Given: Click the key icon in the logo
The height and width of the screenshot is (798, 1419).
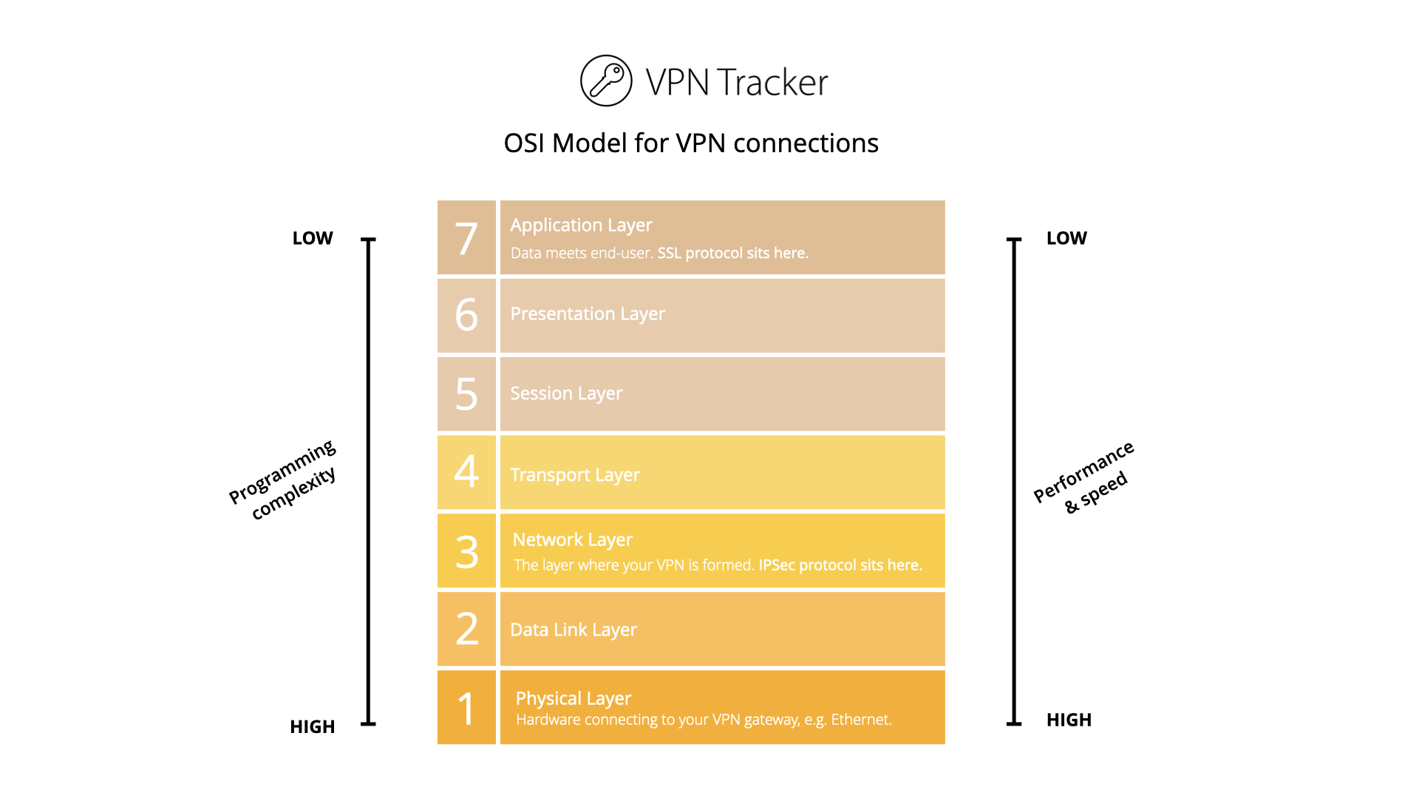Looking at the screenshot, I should tap(606, 81).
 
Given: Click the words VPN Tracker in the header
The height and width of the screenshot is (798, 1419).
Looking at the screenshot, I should tap(736, 82).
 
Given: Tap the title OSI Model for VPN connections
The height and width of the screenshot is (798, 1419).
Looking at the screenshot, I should tap(690, 143).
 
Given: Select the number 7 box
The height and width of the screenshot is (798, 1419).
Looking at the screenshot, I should tap(466, 238).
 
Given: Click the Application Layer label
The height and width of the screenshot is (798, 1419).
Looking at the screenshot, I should tap(581, 225).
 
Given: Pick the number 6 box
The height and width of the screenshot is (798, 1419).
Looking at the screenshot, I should tap(466, 316).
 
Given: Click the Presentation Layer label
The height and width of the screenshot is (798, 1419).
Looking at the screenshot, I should tap(588, 314).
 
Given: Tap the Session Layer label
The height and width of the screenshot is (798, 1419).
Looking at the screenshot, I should tap(566, 393).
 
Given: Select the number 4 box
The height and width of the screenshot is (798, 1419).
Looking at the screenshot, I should tap(466, 472).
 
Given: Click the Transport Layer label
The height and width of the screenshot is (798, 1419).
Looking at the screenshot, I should tap(575, 474).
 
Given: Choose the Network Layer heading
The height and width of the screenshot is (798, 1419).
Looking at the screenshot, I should tap(572, 539).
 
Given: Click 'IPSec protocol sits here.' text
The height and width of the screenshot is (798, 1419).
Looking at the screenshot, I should tap(840, 565).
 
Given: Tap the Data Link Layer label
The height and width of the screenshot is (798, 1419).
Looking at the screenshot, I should tap(573, 630).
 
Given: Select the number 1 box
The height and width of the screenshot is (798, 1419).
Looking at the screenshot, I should tap(466, 707).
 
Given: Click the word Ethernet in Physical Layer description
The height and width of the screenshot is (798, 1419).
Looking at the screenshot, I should tap(860, 720).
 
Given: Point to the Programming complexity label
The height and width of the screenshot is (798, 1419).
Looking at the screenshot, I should tap(284, 480).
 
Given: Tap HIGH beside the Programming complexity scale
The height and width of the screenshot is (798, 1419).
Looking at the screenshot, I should tap(312, 726).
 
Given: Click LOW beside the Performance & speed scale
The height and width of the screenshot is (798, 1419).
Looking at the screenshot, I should tap(1066, 238).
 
